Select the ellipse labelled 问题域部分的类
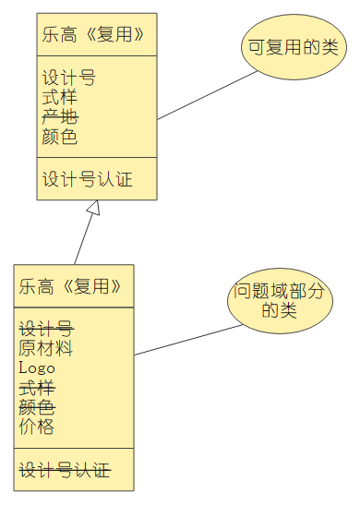(x=279, y=301)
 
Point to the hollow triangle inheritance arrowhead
(x=91, y=209)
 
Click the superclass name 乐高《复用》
(x=93, y=35)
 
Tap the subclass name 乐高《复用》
(x=70, y=286)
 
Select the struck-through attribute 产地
(x=60, y=117)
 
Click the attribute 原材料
(x=45, y=348)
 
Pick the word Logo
(x=37, y=367)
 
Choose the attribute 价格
(x=36, y=426)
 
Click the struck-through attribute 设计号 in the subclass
(x=45, y=329)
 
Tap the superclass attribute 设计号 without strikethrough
(x=68, y=78)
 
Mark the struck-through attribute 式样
(x=36, y=387)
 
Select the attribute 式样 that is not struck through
(x=60, y=98)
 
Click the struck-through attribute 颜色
(x=36, y=406)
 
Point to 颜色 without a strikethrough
(x=60, y=138)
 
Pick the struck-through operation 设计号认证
(x=65, y=470)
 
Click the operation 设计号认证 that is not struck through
(x=88, y=179)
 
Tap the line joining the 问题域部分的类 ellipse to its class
(x=186, y=341)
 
